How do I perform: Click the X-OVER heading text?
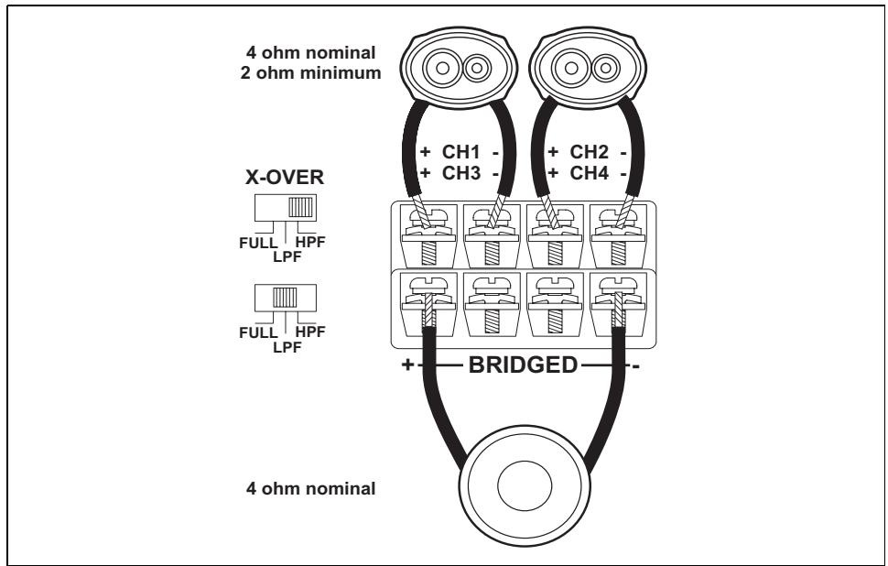(285, 178)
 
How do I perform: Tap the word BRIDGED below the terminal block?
(523, 365)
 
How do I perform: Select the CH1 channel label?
(461, 152)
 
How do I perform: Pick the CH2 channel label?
(590, 152)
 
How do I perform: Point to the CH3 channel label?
(461, 173)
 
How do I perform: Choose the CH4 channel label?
(590, 173)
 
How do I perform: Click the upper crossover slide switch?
(286, 207)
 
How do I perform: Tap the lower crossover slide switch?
(286, 298)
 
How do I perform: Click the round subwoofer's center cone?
(525, 485)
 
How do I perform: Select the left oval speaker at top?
(459, 68)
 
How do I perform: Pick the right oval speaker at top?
(588, 68)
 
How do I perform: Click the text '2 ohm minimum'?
(310, 73)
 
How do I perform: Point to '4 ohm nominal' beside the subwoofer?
(310, 488)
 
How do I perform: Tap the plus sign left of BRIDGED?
(407, 365)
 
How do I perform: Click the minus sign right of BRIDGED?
(636, 367)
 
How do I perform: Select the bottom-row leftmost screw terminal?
(428, 304)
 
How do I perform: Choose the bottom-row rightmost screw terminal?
(619, 304)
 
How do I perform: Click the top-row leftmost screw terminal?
(428, 235)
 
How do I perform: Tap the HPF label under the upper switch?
(311, 242)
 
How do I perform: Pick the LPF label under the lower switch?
(287, 347)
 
